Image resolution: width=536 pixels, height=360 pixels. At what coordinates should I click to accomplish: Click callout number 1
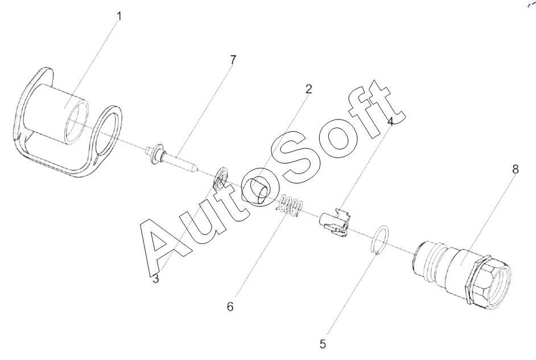[x=118, y=15]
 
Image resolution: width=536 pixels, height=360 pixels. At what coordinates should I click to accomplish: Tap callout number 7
[x=233, y=59]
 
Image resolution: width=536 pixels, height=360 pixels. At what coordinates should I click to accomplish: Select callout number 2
[x=308, y=89]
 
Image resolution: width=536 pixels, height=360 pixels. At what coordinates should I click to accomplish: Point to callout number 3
[x=155, y=278]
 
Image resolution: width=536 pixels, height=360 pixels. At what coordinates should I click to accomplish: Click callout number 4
[x=390, y=121]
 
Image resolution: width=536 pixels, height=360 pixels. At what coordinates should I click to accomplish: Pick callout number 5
[x=323, y=344]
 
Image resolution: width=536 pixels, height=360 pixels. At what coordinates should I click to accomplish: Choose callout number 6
[x=230, y=307]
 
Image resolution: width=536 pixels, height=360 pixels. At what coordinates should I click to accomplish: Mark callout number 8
[x=515, y=170]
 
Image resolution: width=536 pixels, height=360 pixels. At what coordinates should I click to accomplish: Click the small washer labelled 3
[x=220, y=178]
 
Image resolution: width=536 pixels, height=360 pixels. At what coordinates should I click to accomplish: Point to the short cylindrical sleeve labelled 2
[x=255, y=190]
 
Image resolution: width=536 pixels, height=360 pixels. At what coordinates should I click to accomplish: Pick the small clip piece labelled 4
[x=335, y=224]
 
